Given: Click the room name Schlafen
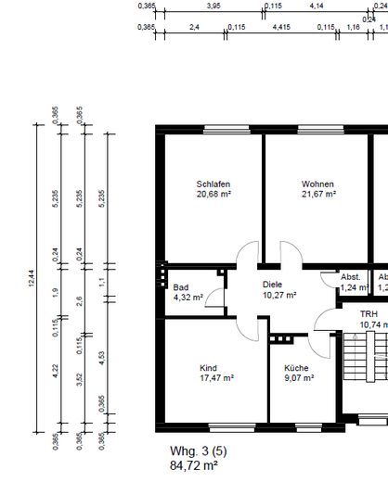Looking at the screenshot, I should coord(213,183).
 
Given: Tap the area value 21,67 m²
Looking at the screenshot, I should coord(318,194).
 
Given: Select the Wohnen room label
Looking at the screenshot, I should coord(317,183).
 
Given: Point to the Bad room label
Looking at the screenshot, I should coord(181,286).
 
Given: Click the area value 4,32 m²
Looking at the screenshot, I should coord(189,298).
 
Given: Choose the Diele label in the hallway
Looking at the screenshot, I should coord(272,285).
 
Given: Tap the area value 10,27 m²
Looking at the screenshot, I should coord(279,296).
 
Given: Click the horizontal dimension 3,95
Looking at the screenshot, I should coord(213,6).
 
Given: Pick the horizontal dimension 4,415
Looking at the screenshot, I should coord(280,28).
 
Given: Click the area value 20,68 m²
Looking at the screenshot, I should coord(214,194).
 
